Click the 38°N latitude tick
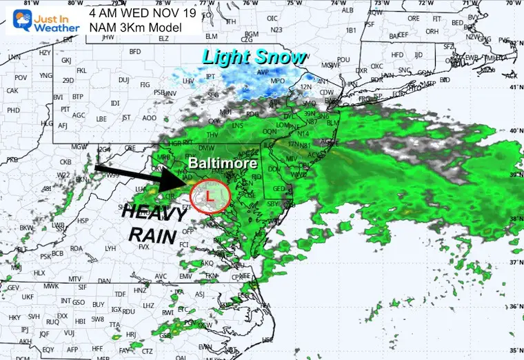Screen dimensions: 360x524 [514, 219]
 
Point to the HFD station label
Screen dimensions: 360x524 [396, 54]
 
